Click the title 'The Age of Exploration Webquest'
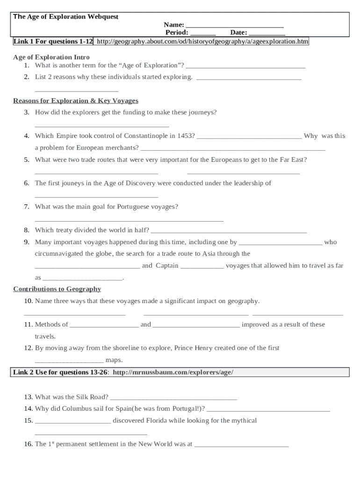tap(65, 17)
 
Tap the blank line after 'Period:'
tap(203, 33)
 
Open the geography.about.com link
tap(202, 42)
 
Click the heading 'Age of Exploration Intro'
tap(51, 57)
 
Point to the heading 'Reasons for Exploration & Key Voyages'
tap(76, 101)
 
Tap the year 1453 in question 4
tap(186, 136)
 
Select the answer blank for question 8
tap(229, 231)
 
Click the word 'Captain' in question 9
tap(167, 266)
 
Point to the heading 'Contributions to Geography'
tap(57, 289)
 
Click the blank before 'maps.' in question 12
tap(69, 361)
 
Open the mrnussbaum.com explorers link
tap(173, 372)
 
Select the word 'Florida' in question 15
tap(158, 421)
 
